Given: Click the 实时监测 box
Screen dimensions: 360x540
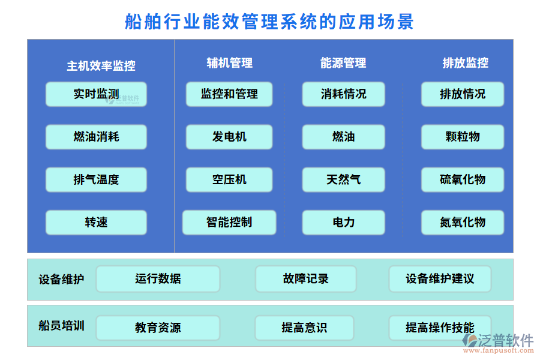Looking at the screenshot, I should tap(96, 94).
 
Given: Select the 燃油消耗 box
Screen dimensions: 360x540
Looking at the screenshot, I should tap(96, 137).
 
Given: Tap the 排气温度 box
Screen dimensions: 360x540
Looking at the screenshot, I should tap(96, 179).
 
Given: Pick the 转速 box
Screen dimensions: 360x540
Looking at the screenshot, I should tap(96, 222).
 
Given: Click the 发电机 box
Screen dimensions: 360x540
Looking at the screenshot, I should tap(229, 137).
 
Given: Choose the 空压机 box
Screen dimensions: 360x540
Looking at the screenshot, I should tap(229, 179).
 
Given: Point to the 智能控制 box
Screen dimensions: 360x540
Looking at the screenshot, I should tap(229, 222).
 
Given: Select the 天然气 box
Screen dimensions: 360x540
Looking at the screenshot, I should tap(343, 179).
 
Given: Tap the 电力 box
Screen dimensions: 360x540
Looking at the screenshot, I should tap(343, 222).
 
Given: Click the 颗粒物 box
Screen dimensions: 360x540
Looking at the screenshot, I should tap(463, 137).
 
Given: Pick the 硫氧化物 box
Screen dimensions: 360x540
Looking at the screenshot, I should tap(463, 179).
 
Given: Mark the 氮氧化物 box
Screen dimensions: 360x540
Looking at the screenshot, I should tap(463, 222).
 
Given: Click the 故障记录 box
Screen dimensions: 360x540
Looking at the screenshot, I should tap(305, 279).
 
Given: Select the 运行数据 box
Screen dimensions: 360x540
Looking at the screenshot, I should tap(158, 279).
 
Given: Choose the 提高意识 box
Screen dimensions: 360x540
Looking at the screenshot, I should tap(305, 328).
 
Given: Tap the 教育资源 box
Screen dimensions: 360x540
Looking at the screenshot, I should tap(158, 328).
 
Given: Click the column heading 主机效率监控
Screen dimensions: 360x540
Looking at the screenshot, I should tap(101, 66).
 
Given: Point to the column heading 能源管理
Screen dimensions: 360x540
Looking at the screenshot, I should tap(343, 63).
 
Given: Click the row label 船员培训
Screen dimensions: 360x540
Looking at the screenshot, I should tap(61, 326).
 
